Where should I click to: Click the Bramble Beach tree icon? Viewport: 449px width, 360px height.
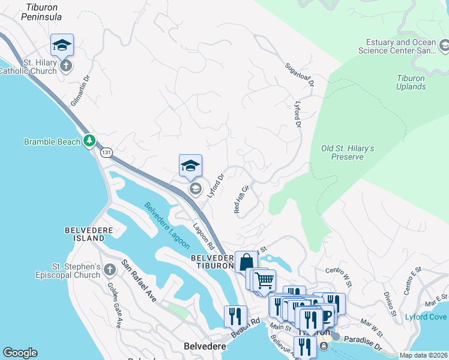[x=89, y=141]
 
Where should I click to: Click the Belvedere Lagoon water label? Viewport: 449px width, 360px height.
[x=167, y=226]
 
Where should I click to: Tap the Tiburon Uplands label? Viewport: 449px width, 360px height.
[x=411, y=82]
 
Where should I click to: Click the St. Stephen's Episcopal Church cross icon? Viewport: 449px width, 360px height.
[x=110, y=270]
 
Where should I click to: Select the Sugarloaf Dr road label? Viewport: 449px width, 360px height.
[x=300, y=74]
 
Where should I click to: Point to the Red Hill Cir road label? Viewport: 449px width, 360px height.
[x=241, y=199]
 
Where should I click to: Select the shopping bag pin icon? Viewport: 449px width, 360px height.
[x=246, y=262]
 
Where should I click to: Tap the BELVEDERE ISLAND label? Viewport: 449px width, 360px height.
[x=85, y=234]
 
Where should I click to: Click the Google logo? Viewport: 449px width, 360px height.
[x=20, y=353]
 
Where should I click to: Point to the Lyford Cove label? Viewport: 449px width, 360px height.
[x=426, y=317]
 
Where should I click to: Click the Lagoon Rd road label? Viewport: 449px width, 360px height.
[x=203, y=236]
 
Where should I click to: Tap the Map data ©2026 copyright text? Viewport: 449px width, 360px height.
[x=423, y=355]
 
